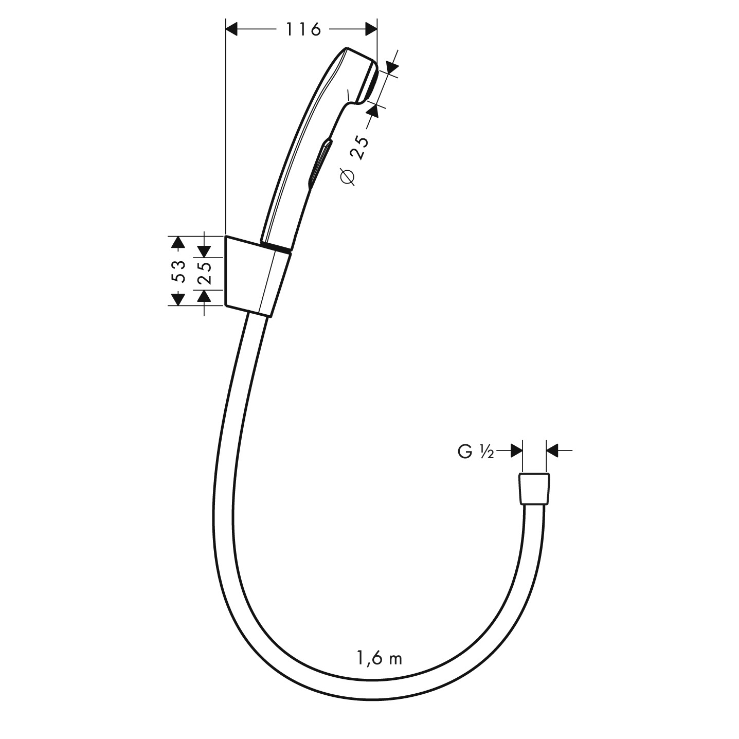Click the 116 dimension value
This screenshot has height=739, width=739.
coord(303,29)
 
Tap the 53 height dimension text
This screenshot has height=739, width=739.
coord(179,271)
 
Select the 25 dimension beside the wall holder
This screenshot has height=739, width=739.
coord(206,273)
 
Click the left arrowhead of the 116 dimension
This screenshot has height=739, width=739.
coord(232,29)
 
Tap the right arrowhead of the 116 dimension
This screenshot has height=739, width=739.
coord(371,29)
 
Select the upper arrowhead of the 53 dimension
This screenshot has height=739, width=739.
coord(177,242)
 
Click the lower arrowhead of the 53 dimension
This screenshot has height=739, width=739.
coord(177,299)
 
